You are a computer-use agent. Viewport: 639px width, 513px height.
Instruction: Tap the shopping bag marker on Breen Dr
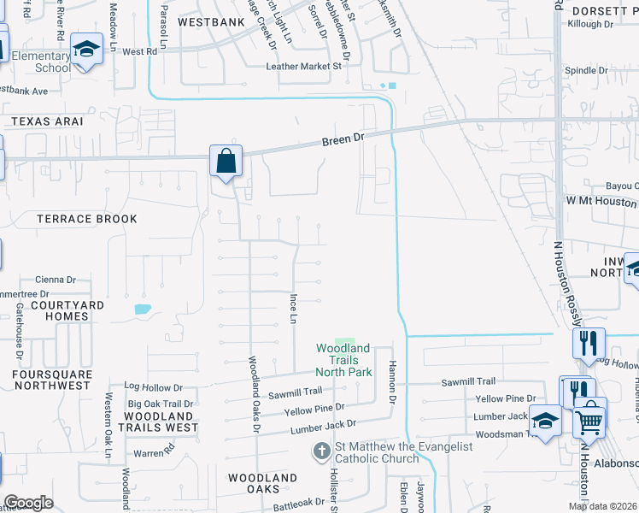(x=226, y=161)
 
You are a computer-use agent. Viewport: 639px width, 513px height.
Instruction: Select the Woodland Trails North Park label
(x=343, y=360)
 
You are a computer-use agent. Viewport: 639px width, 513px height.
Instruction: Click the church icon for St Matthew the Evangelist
(x=321, y=451)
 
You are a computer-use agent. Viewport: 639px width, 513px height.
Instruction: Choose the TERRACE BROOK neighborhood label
(x=87, y=219)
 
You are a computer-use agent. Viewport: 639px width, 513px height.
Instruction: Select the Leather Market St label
(x=303, y=66)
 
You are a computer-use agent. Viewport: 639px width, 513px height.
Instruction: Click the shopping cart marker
(x=589, y=419)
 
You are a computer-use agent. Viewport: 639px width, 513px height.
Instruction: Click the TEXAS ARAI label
(x=48, y=121)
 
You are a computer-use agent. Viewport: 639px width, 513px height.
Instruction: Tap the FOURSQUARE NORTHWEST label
(x=51, y=380)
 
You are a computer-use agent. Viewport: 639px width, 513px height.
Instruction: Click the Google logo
(x=28, y=503)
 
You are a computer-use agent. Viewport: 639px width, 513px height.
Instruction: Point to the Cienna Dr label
(x=56, y=279)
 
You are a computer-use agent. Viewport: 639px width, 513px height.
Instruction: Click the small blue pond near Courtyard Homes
(x=143, y=309)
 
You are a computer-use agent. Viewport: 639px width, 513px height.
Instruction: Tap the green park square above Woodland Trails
(x=343, y=343)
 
